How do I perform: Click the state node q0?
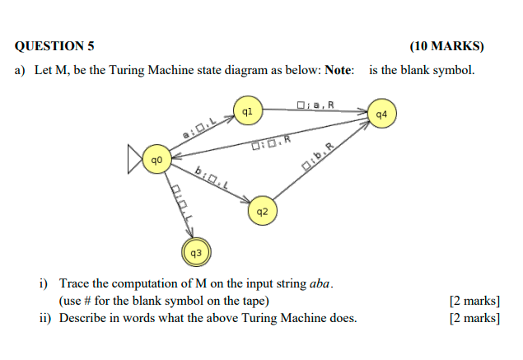156,158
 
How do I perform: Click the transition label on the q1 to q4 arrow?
315,104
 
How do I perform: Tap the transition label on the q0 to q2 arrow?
212,177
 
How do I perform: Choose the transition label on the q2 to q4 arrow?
320,159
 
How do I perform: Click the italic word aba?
320,284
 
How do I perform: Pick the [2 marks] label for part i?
474,301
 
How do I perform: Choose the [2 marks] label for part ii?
474,318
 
